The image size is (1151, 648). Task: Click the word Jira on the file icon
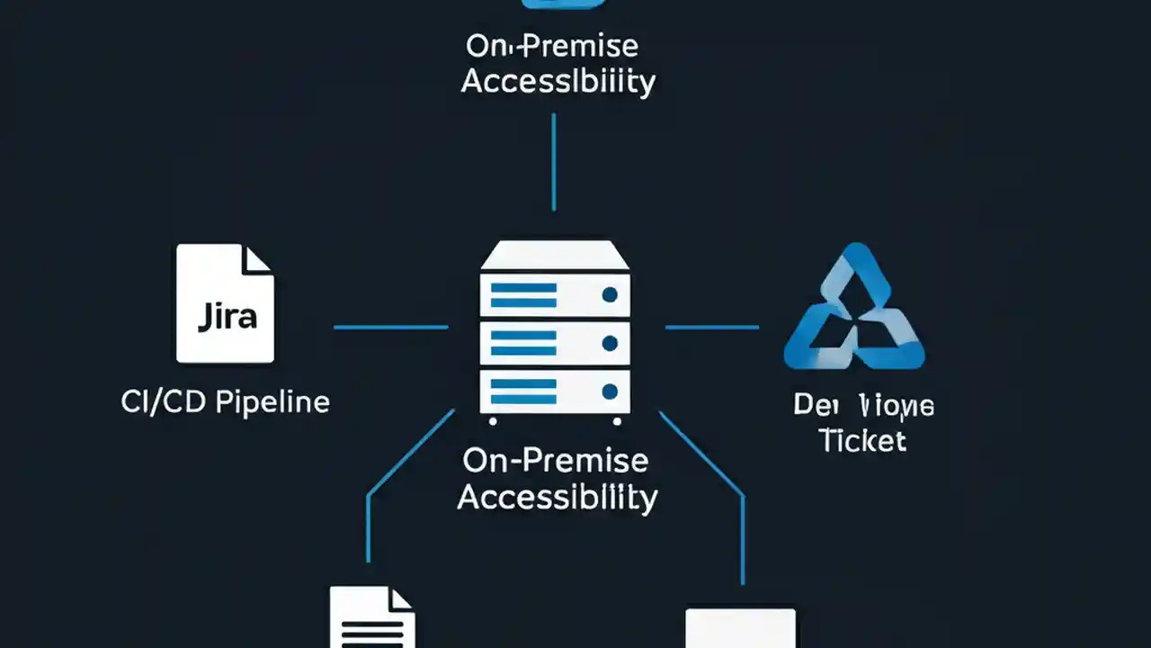pos(225,316)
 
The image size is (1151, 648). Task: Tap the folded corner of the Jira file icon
pos(258,258)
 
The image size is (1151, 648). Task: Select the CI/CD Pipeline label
pos(225,401)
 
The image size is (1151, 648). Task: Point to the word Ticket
pos(862,440)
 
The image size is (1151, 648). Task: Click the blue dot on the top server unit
pos(610,294)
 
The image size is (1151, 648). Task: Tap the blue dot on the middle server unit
pos(610,343)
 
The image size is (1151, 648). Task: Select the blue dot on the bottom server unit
pos(610,391)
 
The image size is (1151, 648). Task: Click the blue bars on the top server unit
pos(523,295)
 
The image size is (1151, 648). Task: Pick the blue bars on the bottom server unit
pos(523,391)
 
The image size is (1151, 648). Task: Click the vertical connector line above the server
pos(553,162)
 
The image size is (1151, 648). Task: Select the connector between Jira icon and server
pos(390,327)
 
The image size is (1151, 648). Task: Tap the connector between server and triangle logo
pos(711,327)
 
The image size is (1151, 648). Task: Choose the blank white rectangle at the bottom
pos(740,628)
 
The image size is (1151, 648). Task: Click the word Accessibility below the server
pos(557,497)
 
